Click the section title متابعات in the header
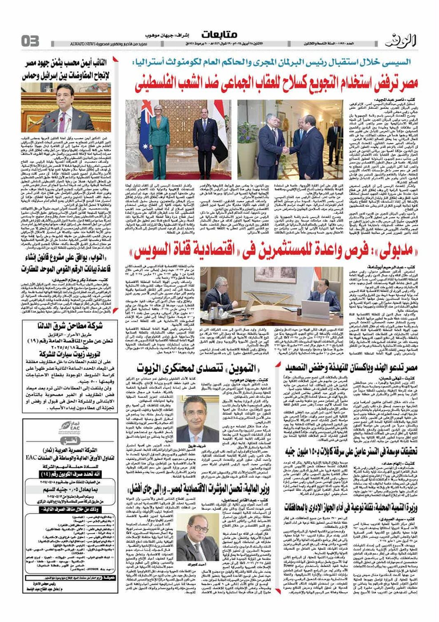tap(219, 35)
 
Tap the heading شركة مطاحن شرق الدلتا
tap(64, 326)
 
